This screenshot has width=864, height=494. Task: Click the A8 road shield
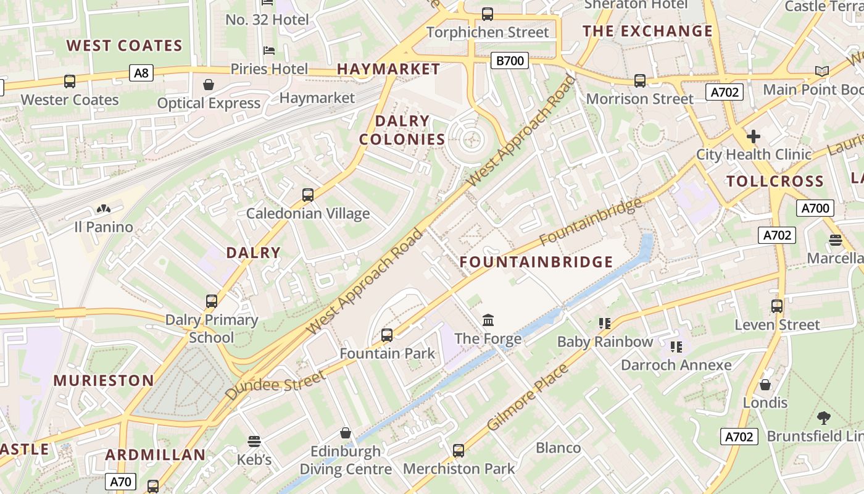coord(141,73)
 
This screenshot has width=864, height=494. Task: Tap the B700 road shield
coord(510,61)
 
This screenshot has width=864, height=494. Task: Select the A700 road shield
coord(815,208)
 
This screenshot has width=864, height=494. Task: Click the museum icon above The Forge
coord(488,320)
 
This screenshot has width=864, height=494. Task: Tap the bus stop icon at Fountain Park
coord(387,335)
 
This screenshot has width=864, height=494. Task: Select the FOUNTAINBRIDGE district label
coord(536,262)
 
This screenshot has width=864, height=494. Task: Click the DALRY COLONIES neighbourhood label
coord(402,130)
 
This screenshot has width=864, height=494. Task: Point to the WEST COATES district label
coord(125,46)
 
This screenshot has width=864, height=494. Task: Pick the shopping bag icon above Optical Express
coord(209,84)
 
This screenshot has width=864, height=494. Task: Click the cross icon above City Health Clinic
coord(753,136)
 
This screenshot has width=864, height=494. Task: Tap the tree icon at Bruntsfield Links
coord(823,418)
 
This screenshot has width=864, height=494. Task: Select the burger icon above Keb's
coord(254,442)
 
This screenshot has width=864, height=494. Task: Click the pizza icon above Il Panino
coord(104,209)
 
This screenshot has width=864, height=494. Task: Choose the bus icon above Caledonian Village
coord(308,195)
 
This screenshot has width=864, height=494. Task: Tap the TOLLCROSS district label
coord(775,181)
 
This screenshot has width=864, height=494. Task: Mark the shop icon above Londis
coord(765,385)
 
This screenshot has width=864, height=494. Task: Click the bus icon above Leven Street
coord(777,306)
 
